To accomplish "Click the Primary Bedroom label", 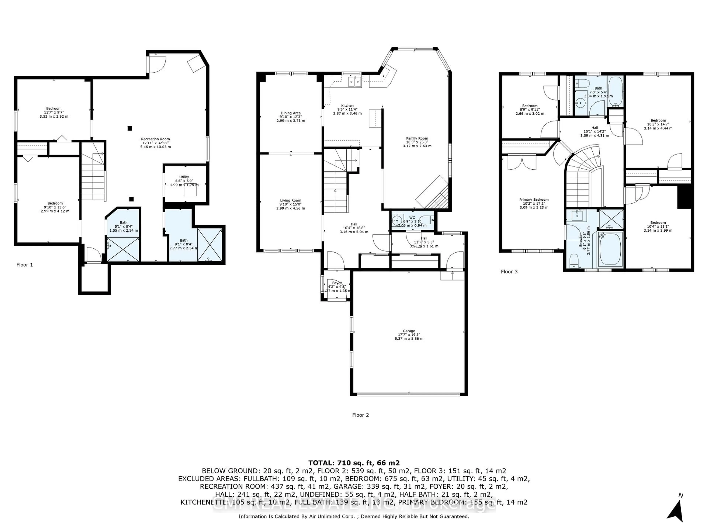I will pyautogui.click(x=534, y=200).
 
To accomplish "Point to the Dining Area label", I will pyautogui.click(x=291, y=113).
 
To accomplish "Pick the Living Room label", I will pyautogui.click(x=291, y=201).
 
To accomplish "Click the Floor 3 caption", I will pyautogui.click(x=509, y=272).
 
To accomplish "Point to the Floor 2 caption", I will pyautogui.click(x=360, y=415).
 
